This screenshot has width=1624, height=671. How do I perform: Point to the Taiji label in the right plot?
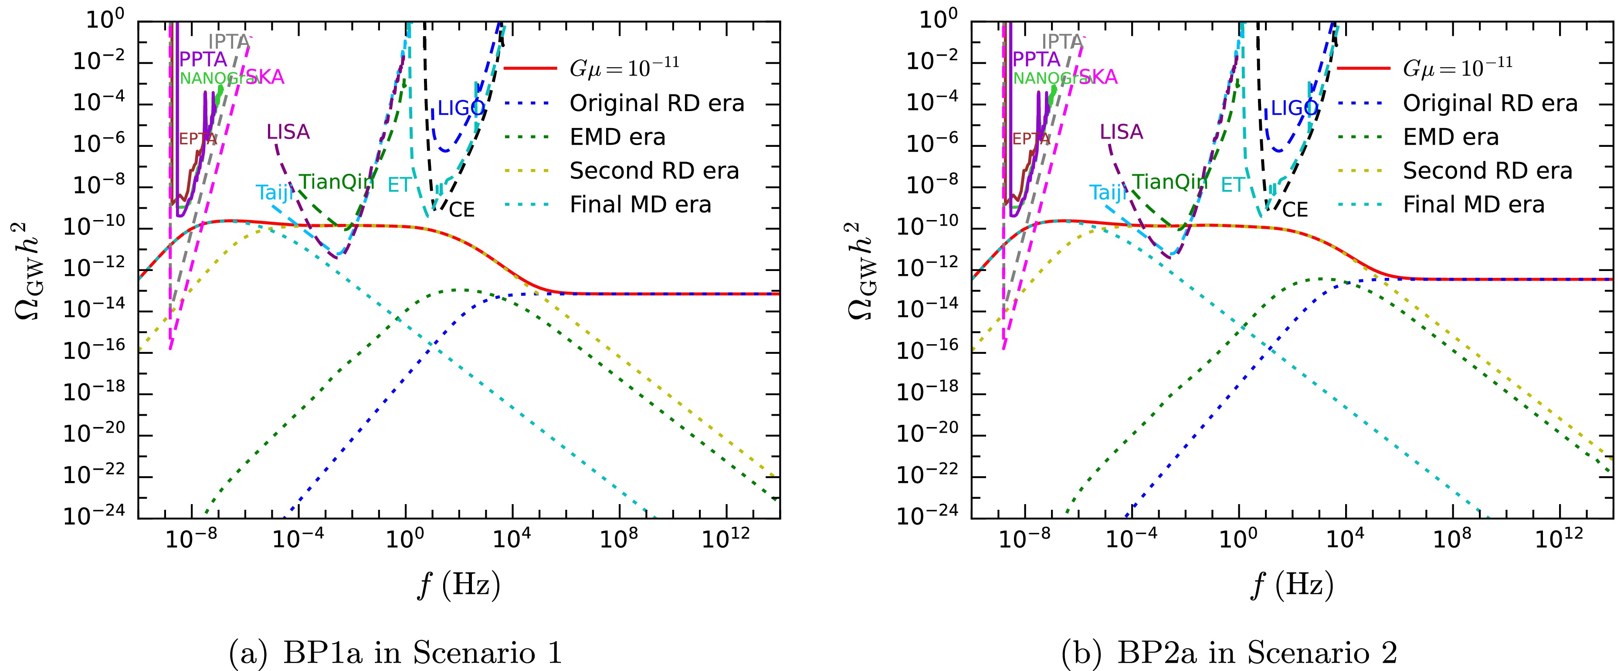click(1108, 192)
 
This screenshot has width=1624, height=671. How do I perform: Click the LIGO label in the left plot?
click(460, 108)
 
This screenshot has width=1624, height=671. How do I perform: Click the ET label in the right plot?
click(1233, 185)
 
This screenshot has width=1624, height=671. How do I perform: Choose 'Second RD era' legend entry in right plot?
click(1488, 171)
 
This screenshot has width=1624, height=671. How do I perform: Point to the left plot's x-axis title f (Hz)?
click(459, 585)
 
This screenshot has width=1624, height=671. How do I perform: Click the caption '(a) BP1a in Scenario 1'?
click(395, 652)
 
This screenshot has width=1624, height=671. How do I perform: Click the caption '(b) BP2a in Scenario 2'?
click(1229, 652)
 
